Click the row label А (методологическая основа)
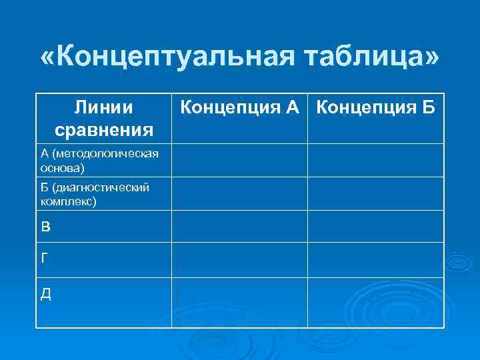point(100,160)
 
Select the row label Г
point(45,259)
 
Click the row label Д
point(45,293)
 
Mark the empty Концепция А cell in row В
point(239,226)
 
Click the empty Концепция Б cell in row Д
point(375,303)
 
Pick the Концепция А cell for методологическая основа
point(239,160)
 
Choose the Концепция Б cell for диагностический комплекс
point(375,193)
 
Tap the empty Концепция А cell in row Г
point(239,259)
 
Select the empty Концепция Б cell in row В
point(375,226)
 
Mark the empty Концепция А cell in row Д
point(239,303)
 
